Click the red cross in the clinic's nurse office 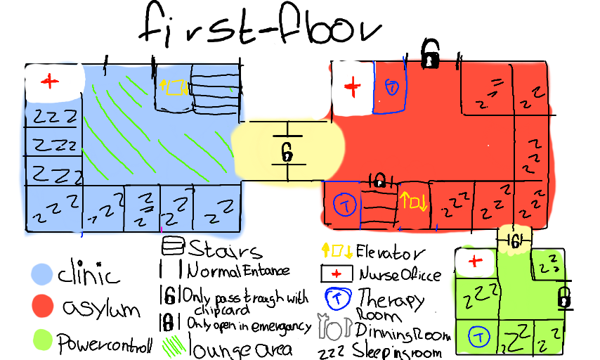point(49,82)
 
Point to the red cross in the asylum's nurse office point(353,88)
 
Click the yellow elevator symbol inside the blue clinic point(174,87)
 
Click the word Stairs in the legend point(225,249)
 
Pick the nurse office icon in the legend point(337,274)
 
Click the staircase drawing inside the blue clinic point(214,89)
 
